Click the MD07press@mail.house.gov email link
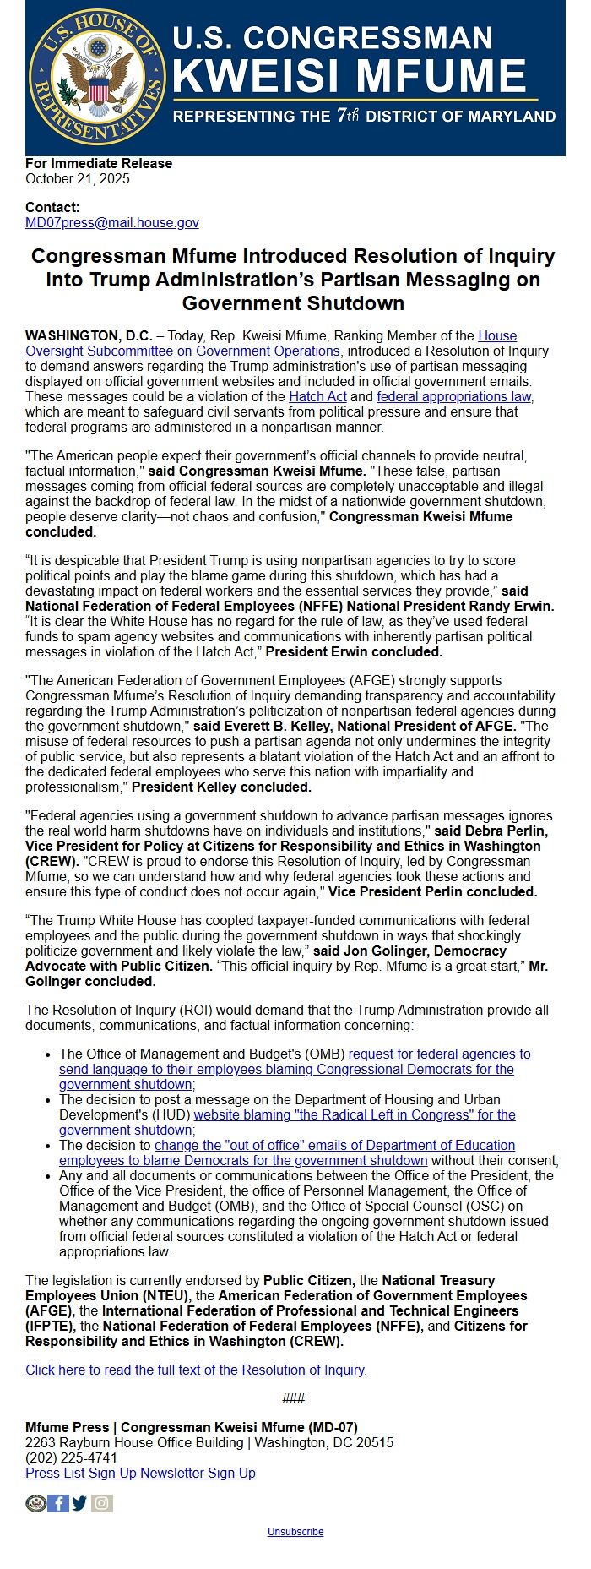(x=112, y=222)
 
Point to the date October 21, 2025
(x=78, y=178)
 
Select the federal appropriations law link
(x=454, y=396)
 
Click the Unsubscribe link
(x=295, y=1531)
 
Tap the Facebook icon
(x=58, y=1503)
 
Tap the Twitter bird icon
(x=80, y=1503)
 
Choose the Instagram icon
(x=102, y=1503)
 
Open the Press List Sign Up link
(x=81, y=1473)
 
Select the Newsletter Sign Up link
(x=198, y=1473)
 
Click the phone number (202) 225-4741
(x=72, y=1457)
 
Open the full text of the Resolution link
(x=196, y=1370)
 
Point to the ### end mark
(x=293, y=1398)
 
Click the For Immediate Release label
(x=99, y=163)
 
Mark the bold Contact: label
(x=52, y=207)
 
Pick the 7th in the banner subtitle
(x=347, y=116)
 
